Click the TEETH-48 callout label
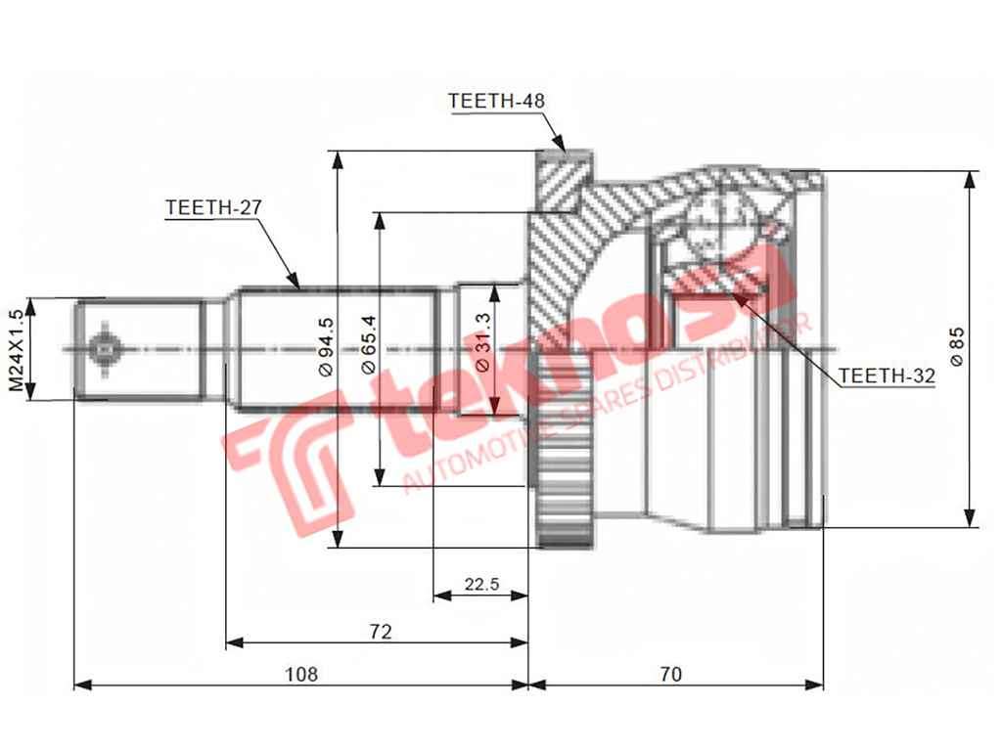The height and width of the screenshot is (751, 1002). [496, 101]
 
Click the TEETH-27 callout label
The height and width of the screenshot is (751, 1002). [214, 207]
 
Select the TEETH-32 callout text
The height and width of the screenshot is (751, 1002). [888, 375]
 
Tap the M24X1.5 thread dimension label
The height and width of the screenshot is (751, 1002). [16, 349]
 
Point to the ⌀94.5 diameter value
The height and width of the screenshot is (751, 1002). [326, 349]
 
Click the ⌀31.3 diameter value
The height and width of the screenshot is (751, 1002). [482, 349]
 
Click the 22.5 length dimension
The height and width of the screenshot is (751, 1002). [481, 585]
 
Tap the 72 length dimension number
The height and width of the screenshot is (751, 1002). [381, 632]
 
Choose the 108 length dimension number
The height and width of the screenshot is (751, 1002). [300, 674]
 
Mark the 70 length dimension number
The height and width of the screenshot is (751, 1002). [670, 674]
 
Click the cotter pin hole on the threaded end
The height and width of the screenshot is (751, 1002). [104, 348]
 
